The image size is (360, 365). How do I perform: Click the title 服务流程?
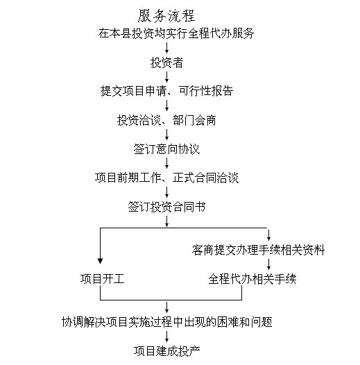[166, 15]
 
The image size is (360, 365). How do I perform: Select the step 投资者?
[166, 62]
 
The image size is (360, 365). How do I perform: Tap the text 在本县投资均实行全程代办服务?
[176, 33]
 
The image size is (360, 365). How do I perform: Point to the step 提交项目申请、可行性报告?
[166, 91]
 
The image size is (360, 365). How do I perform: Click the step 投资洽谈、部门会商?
[166, 120]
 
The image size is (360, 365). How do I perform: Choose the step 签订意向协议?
[166, 148]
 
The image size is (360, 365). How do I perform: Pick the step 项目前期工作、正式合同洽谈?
[166, 178]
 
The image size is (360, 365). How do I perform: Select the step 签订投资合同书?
[166, 207]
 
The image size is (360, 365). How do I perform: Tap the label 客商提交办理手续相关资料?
[258, 251]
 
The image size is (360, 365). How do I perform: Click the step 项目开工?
[103, 279]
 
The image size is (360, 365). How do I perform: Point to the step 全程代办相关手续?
[252, 279]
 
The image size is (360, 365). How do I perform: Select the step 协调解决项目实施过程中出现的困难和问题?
[167, 322]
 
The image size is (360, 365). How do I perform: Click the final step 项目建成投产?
[166, 351]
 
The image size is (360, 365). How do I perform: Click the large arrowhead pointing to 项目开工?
[100, 261]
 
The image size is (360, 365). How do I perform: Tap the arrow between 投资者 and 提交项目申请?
[166, 76]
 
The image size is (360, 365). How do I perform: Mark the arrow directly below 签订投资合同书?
[166, 221]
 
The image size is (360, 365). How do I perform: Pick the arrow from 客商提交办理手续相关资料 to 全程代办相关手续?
[268, 264]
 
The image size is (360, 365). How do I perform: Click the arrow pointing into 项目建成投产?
[166, 337]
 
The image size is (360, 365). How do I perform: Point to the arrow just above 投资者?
[166, 48]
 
